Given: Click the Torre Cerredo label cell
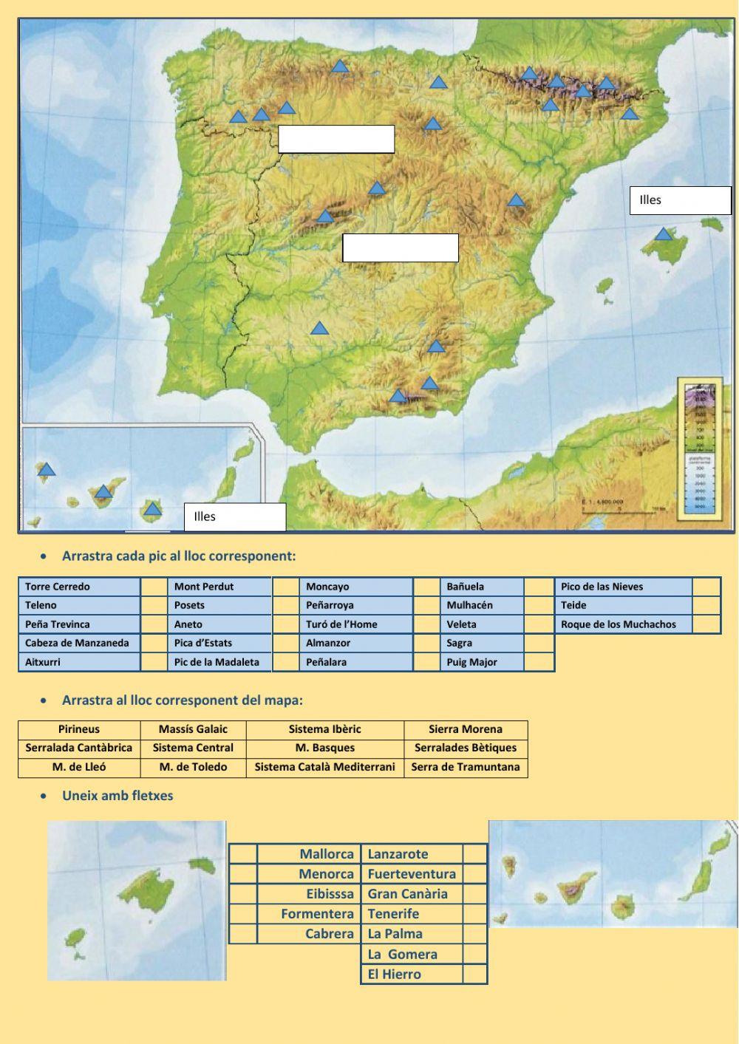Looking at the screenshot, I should coord(79,587).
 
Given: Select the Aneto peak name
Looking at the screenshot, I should coord(219,624).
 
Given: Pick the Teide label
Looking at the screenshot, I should coord(623,605).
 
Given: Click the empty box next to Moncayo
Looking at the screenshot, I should coord(427,587).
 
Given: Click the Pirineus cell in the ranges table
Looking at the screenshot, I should coord(78,729).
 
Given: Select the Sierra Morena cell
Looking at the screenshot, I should coord(466,729).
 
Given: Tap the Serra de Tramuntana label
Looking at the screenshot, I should coord(466,767).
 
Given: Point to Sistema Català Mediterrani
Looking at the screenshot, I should coord(324,767).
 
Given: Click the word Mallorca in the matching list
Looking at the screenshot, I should coord(327,854).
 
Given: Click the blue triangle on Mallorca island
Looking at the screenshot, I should coord(664,235).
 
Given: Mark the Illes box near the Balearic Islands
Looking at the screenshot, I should coord(680,200).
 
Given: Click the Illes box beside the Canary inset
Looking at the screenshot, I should coord(234,517).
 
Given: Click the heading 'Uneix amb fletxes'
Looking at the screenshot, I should coord(118,796).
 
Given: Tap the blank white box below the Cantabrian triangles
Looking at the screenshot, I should coord(336,139).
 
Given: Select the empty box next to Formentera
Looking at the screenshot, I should coord(243,914).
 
